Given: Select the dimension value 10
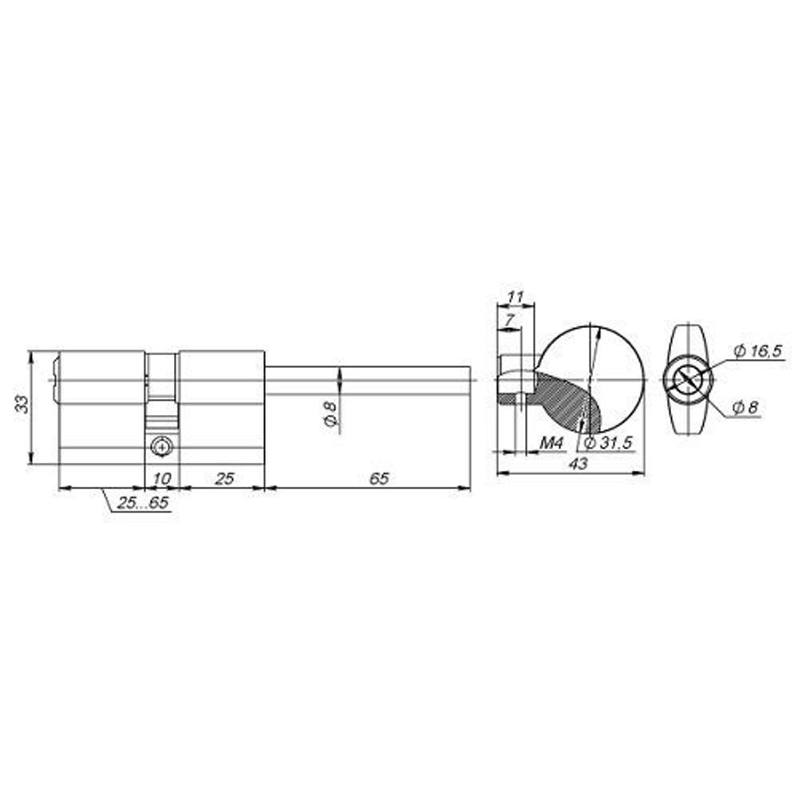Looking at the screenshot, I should [x=161, y=478].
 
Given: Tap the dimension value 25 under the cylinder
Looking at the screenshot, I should [x=224, y=478].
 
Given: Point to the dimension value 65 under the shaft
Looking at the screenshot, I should [x=379, y=478].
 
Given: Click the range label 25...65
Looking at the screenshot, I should [x=142, y=504].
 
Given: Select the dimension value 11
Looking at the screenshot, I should [x=516, y=297].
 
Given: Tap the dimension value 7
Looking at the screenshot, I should [x=508, y=319].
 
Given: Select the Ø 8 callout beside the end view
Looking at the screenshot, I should [x=745, y=407].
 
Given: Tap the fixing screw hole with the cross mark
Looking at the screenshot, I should [x=163, y=447].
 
